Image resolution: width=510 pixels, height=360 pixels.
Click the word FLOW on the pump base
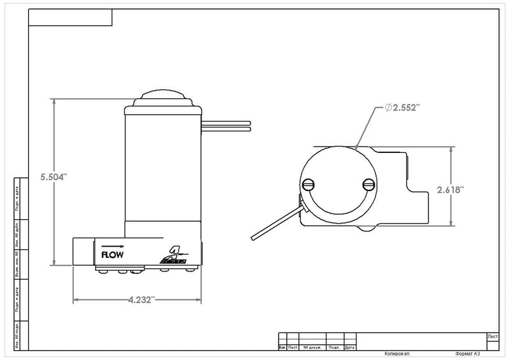pos(108,254)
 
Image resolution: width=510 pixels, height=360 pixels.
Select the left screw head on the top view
pos(310,185)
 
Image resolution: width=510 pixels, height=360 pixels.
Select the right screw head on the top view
pos(368,185)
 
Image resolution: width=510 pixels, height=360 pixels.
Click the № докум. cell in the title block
pos(312,348)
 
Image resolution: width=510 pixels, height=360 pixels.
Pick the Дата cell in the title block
pos(349,348)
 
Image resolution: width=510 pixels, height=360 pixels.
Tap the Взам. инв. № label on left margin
pos(16,260)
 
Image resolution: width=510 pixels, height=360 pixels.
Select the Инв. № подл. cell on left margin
pos(16,332)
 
